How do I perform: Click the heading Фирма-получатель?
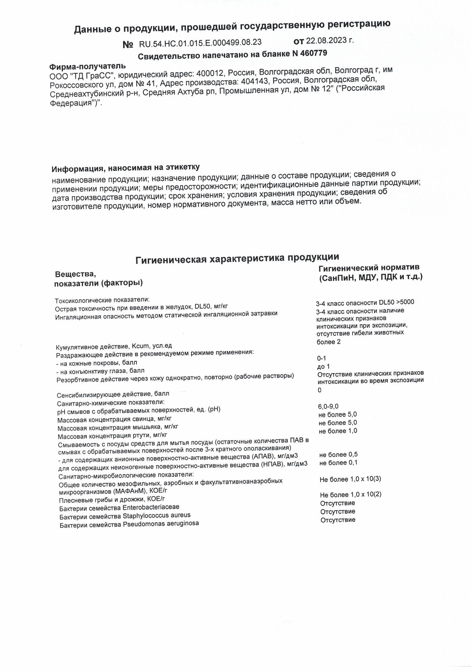point(87,66)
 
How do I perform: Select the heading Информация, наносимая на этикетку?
point(125,168)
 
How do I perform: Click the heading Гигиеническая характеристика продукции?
point(237,258)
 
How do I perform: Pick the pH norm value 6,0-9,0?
point(328,406)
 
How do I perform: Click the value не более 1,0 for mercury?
point(338,431)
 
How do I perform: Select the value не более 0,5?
point(338,455)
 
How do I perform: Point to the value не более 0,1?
point(338,463)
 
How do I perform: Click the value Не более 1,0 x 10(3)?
point(350,479)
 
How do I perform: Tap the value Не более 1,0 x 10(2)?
point(351,494)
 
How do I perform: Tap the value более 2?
point(328,341)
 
